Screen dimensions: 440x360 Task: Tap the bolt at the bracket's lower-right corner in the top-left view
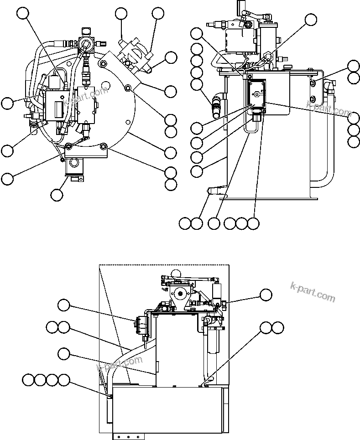[x=104, y=146]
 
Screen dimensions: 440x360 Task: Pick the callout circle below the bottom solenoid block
[x=57, y=195]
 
